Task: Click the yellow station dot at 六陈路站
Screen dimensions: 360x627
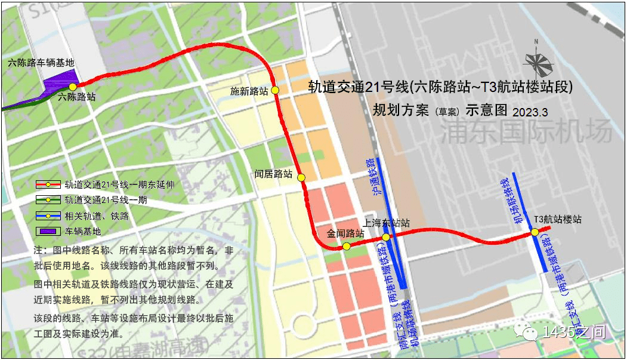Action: [73, 87]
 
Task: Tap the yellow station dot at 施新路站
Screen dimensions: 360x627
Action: [275, 90]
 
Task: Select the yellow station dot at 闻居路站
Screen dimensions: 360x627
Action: [301, 177]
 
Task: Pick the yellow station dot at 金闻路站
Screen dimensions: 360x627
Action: [346, 246]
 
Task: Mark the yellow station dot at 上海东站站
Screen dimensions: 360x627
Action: [386, 237]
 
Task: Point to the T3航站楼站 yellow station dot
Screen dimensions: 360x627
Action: [535, 232]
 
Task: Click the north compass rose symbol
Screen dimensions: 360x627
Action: [537, 60]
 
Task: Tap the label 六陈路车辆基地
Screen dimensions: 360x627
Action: [41, 62]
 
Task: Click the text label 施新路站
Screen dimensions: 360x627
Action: [249, 91]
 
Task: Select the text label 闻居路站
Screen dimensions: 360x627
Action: [274, 174]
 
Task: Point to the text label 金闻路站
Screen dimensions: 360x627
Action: [345, 233]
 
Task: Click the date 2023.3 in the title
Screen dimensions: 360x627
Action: [530, 112]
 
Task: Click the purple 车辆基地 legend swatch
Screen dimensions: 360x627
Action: [48, 231]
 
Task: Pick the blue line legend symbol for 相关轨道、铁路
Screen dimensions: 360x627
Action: [48, 216]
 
